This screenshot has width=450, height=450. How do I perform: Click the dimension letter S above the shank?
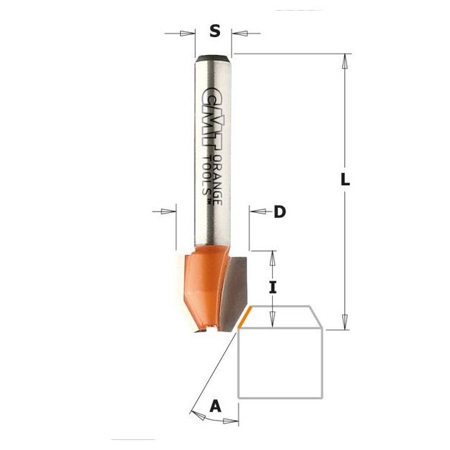[x=215, y=31]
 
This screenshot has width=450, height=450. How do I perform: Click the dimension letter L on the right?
[x=345, y=180]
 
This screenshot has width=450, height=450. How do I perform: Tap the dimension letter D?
[x=280, y=212]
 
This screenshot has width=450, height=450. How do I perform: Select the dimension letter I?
[x=273, y=287]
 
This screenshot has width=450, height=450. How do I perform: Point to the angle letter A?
[x=216, y=406]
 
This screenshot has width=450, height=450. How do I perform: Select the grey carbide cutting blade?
[x=233, y=292]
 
